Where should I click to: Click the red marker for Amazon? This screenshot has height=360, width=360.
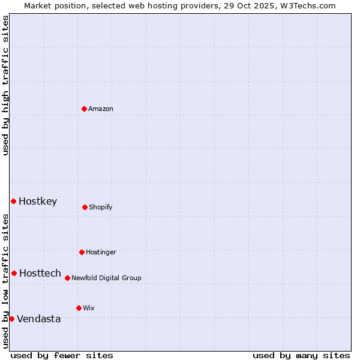click(84, 109)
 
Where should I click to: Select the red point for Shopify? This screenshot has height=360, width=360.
click(85, 207)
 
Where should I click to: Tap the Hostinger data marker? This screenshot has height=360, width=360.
click(82, 252)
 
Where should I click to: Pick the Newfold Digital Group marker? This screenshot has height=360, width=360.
click(67, 278)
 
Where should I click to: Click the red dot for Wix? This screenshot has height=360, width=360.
click(79, 308)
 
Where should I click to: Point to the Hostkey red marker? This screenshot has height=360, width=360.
click(13, 201)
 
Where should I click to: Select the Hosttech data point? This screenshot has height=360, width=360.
click(14, 273)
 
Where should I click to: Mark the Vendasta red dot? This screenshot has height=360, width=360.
click(11, 319)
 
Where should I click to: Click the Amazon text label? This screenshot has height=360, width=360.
click(101, 109)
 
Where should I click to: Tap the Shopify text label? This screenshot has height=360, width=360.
click(101, 208)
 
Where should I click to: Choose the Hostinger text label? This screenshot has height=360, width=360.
click(101, 253)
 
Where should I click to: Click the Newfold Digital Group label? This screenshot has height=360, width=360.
click(106, 278)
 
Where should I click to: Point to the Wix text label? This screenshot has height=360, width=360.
click(89, 308)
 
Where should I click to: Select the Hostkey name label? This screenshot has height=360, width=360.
click(38, 202)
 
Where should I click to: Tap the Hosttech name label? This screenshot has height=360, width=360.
click(40, 274)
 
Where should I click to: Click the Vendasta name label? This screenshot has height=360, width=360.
click(39, 319)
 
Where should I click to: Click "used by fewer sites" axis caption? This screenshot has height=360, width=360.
click(62, 355)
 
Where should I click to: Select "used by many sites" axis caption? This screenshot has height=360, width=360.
click(301, 355)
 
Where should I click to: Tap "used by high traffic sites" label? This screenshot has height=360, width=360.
click(5, 85)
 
